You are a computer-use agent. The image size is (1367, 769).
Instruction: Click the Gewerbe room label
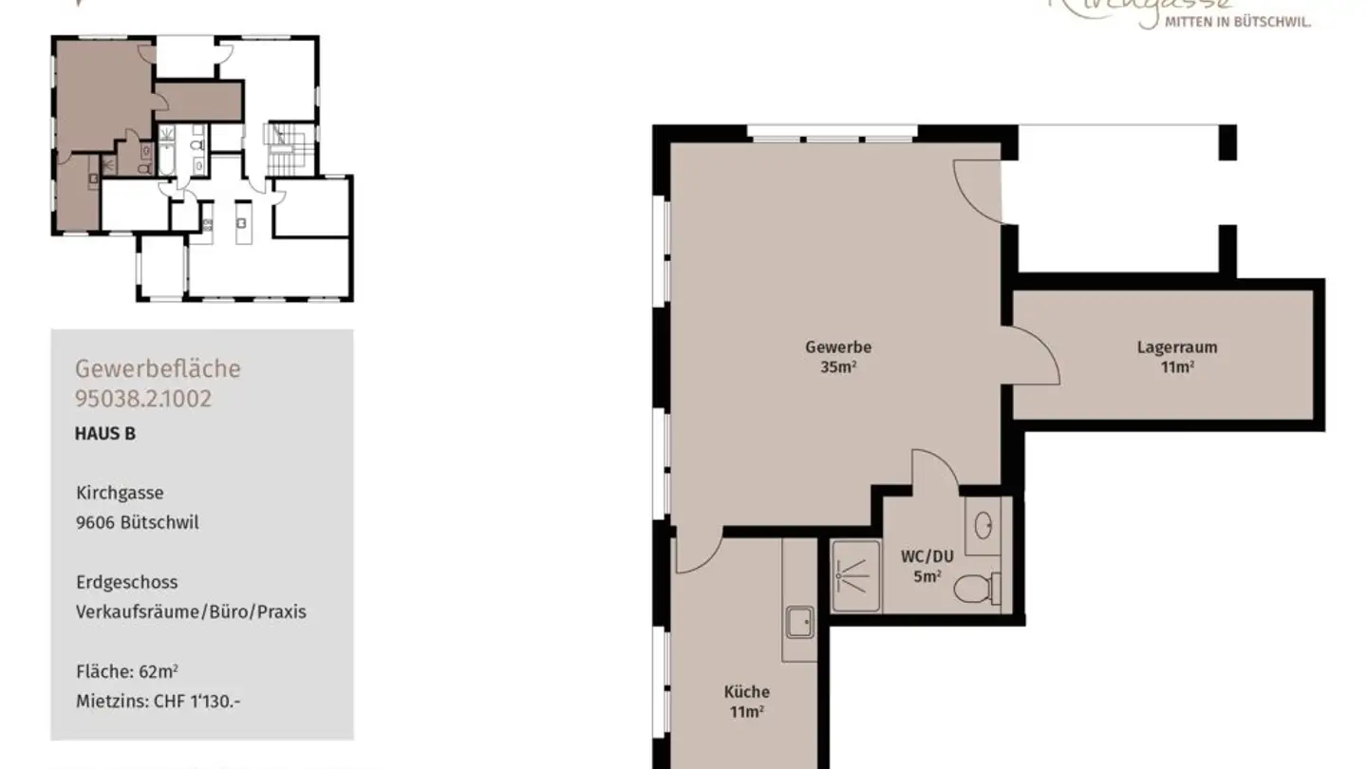tap(838, 347)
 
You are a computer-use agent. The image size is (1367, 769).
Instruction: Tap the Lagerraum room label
tap(1177, 347)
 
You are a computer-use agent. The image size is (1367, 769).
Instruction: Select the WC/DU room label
tap(927, 557)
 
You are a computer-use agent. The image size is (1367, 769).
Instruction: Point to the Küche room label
tap(746, 692)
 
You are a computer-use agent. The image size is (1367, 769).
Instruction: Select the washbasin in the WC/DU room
tap(983, 524)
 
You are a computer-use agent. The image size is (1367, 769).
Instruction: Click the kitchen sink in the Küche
tap(798, 623)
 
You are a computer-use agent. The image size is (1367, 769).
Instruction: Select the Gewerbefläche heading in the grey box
tap(158, 368)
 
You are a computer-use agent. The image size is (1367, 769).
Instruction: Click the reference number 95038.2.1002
tap(143, 399)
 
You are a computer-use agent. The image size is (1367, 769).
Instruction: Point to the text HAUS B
tap(104, 434)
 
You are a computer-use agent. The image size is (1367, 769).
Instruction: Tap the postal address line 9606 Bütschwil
tap(138, 523)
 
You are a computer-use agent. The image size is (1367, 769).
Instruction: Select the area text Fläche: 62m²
tap(126, 672)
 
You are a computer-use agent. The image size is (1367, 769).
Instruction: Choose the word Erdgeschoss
tap(126, 582)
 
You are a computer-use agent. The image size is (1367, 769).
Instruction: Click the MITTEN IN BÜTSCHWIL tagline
tap(1237, 22)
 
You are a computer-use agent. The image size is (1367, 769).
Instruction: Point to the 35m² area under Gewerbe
tap(838, 367)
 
